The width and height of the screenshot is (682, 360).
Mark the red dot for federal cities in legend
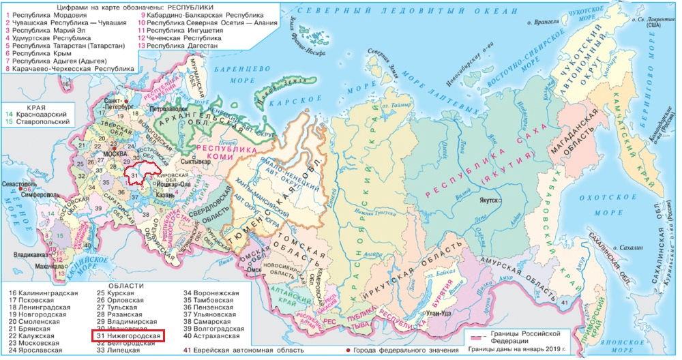[x=349, y=350]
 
